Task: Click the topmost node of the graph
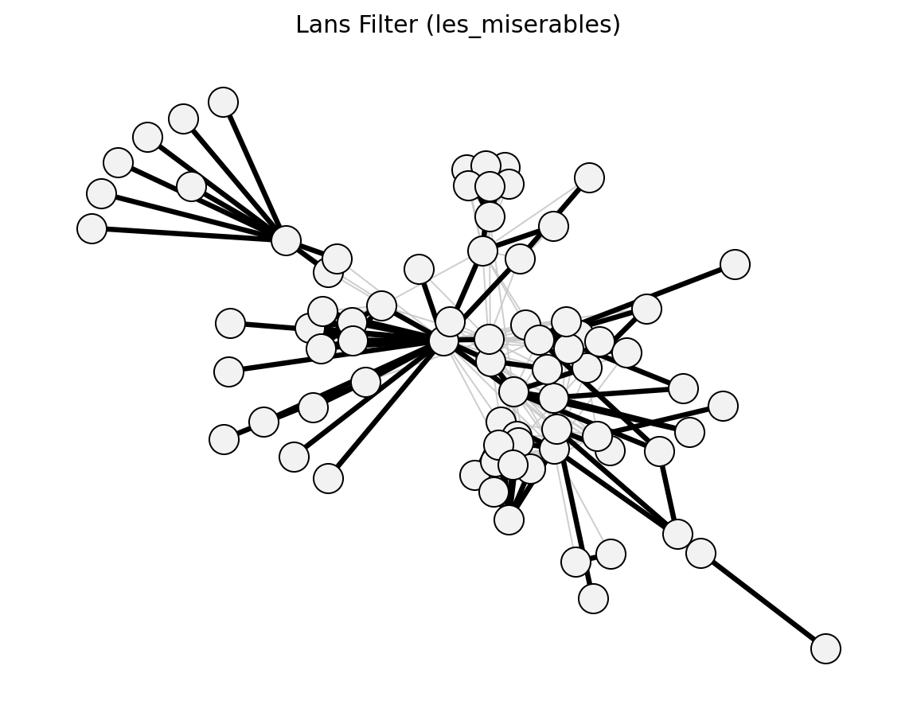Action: pos(224,103)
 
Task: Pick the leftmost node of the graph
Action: pos(92,228)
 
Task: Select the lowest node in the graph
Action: pos(825,648)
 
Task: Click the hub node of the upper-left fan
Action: pos(286,240)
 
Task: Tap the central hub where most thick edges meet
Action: pos(444,341)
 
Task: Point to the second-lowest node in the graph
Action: pos(593,598)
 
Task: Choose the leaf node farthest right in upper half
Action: pos(736,264)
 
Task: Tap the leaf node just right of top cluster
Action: pos(589,177)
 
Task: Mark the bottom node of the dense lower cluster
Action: pos(509,520)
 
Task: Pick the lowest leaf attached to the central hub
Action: pos(328,479)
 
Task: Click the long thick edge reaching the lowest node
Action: pos(763,601)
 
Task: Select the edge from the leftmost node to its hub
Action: pos(189,235)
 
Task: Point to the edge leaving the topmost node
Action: pos(255,171)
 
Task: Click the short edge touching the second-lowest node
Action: pos(585,580)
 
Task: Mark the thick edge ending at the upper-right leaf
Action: pos(691,286)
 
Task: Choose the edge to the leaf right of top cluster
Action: pos(572,201)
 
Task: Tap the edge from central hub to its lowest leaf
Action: pos(386,410)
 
